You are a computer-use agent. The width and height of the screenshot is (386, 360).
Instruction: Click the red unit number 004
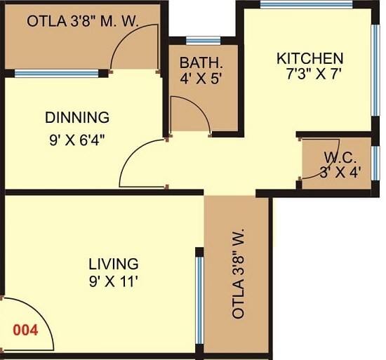pos(25,327)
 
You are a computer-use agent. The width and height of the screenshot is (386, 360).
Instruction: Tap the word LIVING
pos(113,264)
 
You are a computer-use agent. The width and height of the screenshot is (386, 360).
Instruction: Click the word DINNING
pos(77,117)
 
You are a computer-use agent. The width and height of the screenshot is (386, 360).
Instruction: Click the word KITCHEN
pos(310,58)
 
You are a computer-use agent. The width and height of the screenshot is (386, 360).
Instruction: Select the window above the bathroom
pos(203,39)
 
